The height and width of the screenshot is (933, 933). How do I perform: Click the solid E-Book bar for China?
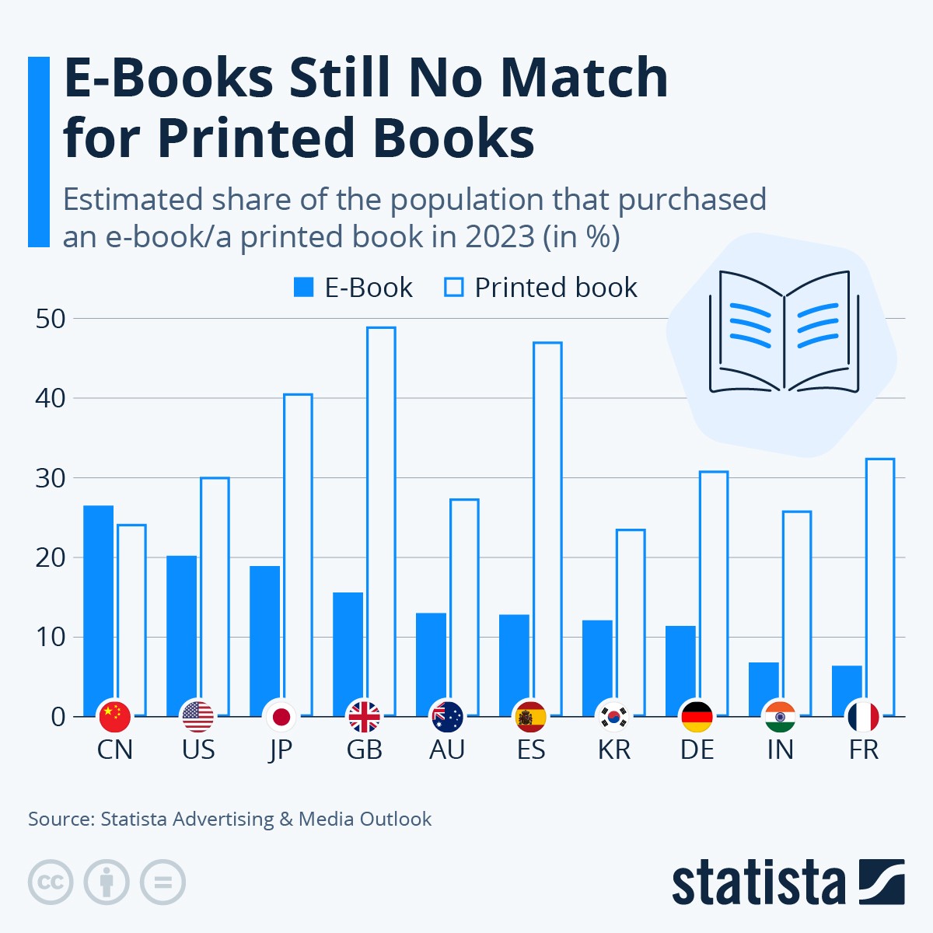(x=99, y=606)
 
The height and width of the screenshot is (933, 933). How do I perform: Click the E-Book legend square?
(x=303, y=288)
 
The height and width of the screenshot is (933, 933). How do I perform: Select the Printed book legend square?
(x=453, y=288)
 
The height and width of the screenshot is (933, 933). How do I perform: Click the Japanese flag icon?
(x=281, y=716)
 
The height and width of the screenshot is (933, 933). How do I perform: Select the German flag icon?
(x=697, y=716)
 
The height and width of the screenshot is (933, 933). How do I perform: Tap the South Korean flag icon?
(x=614, y=716)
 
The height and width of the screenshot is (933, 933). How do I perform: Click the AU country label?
(x=447, y=750)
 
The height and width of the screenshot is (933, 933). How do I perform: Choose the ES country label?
(x=531, y=750)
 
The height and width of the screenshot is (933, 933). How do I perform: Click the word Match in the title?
(x=583, y=78)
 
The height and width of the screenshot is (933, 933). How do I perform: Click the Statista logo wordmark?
(x=758, y=882)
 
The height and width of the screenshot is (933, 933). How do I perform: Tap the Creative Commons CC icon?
(x=51, y=882)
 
